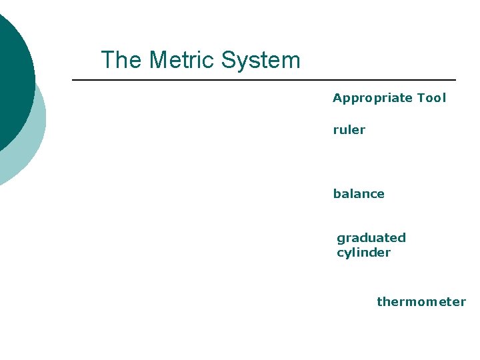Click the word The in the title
[x=121, y=61]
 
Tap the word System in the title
[x=261, y=61]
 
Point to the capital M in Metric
[x=158, y=61]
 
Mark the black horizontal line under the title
[x=264, y=80]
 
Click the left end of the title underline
[x=73, y=80]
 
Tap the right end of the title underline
[x=455, y=80]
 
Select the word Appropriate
[x=373, y=99]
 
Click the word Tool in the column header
[x=431, y=99]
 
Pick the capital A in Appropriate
[x=337, y=99]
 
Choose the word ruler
[x=349, y=130]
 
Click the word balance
[x=359, y=194]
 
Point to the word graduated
[x=371, y=238]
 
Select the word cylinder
[x=363, y=253]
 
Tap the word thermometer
[x=421, y=302]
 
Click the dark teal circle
[x=10, y=80]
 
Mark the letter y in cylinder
[x=348, y=254]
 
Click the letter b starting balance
[x=337, y=194]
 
